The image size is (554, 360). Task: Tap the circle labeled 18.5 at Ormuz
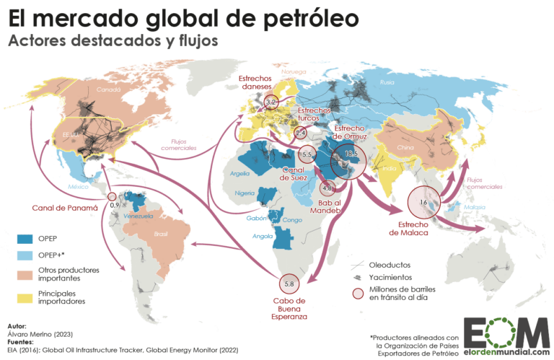[348, 162]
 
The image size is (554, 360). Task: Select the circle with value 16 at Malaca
[424, 203]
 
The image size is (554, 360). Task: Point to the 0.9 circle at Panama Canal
[112, 196]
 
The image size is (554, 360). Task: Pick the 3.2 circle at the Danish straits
[271, 103]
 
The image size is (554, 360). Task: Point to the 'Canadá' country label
[108, 91]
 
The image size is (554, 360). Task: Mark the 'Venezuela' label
[137, 216]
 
